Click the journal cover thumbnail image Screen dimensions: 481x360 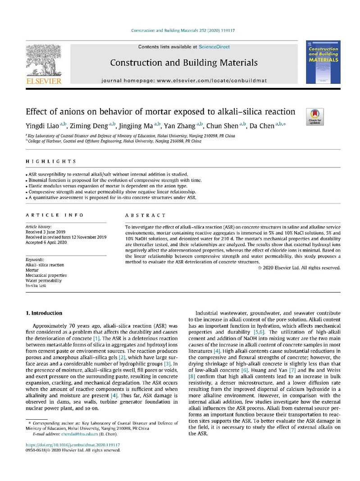coord(323,62)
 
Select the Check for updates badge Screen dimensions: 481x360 coord(314,116)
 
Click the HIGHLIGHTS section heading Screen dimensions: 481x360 coord(51,161)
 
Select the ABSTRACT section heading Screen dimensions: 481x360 coord(145,215)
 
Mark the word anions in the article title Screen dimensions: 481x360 coord(72,111)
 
